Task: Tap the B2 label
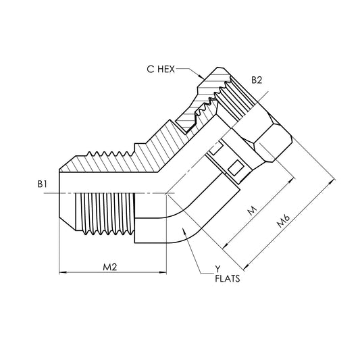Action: [257, 80]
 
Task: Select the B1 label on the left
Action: [43, 183]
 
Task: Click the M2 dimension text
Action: [111, 267]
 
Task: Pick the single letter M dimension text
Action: [253, 211]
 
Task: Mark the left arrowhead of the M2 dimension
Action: [63, 273]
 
